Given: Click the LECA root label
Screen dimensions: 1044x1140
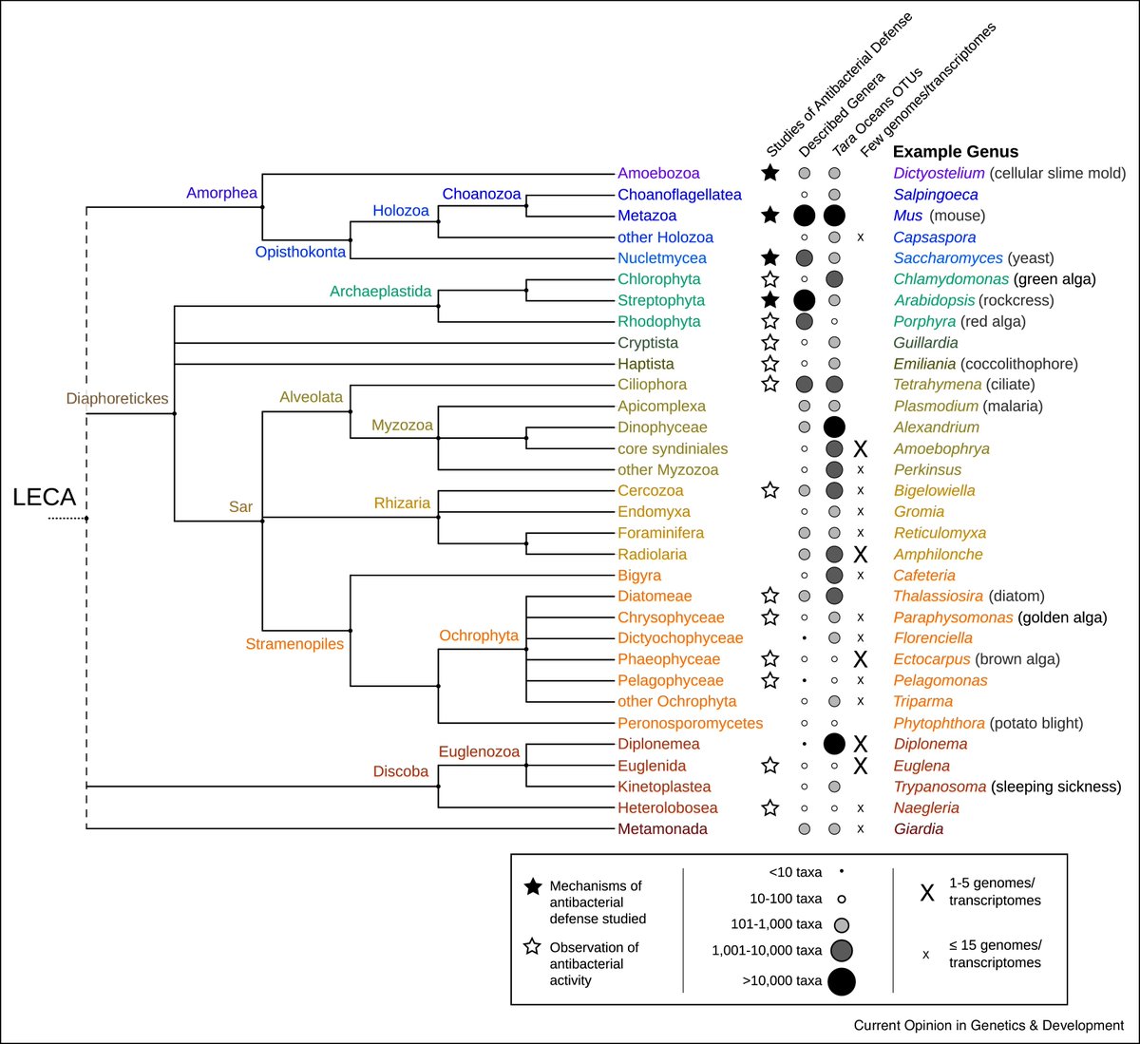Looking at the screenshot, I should coord(44,496).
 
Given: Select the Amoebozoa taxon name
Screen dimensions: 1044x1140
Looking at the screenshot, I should coord(658,173).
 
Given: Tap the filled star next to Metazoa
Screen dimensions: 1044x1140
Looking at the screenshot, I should coord(770,216).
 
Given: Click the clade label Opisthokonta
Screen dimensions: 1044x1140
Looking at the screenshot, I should coord(300,252).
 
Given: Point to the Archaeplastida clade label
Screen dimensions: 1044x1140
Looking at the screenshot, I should coord(380,292).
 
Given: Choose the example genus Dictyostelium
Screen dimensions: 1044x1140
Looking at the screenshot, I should coord(939,173).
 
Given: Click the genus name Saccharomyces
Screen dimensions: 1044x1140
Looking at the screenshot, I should coord(947,258).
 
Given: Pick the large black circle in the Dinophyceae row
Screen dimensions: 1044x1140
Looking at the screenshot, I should coord(834,427).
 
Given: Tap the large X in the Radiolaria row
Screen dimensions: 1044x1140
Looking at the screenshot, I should coord(861,555).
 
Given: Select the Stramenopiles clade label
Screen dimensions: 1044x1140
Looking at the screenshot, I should coord(294,644).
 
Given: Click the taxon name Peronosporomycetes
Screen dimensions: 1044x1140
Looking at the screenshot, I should coord(690,723).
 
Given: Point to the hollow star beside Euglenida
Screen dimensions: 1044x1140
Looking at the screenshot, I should coord(770,766).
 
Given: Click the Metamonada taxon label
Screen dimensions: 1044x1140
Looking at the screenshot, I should coord(662,829).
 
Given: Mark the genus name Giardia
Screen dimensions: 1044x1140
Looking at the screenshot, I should coord(918,829).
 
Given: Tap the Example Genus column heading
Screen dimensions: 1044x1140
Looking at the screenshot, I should coord(955,152).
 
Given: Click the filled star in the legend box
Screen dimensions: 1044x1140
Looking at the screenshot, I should coord(533,886).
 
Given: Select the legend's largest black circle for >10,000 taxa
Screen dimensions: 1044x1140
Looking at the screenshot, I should coord(841,981).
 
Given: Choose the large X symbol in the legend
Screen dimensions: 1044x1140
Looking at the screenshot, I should coord(927,893).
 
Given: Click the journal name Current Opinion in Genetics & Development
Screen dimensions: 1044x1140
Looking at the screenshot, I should coord(988,1025).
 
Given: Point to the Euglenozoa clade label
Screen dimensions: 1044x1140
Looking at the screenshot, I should coord(479,751).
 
